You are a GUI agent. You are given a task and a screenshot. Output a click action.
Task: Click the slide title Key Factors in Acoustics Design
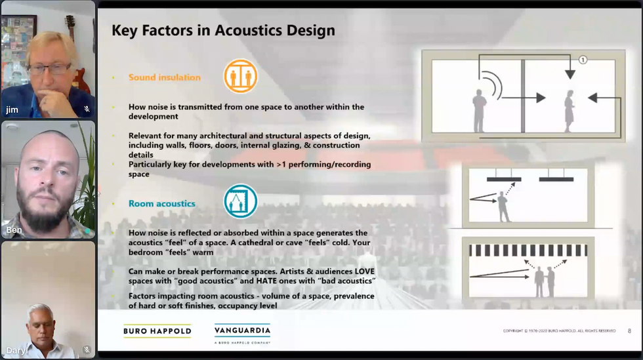click(x=223, y=30)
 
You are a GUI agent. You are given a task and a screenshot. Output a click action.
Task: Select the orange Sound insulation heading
click(x=164, y=77)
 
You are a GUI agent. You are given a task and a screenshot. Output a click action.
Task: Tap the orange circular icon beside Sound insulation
click(x=240, y=76)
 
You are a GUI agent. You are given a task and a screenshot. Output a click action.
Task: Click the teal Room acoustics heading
click(x=161, y=204)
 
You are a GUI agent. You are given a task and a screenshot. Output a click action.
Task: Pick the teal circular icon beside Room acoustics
click(x=240, y=201)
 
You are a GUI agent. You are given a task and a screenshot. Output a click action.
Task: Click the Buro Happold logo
click(x=157, y=331)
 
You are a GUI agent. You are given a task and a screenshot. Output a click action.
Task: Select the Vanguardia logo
click(x=242, y=332)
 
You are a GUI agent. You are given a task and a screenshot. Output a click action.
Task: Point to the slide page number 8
click(x=629, y=331)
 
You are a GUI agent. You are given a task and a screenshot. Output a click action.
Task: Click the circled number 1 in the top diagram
click(x=582, y=60)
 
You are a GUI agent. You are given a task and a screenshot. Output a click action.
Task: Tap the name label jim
click(x=12, y=110)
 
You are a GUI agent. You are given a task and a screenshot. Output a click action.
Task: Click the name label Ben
click(x=14, y=230)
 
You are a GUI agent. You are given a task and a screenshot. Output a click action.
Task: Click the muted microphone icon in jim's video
click(x=87, y=110)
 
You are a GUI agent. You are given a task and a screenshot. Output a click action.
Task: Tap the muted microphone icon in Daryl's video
click(x=87, y=350)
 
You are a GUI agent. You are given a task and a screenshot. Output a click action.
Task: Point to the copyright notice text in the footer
click(x=559, y=331)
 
